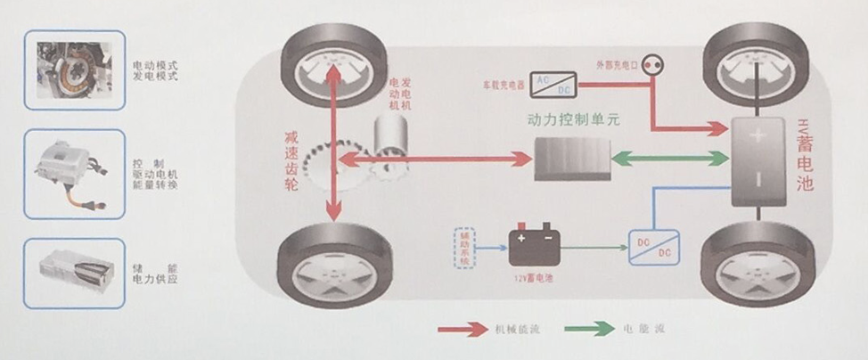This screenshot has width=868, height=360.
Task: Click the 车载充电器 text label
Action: [504, 85]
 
